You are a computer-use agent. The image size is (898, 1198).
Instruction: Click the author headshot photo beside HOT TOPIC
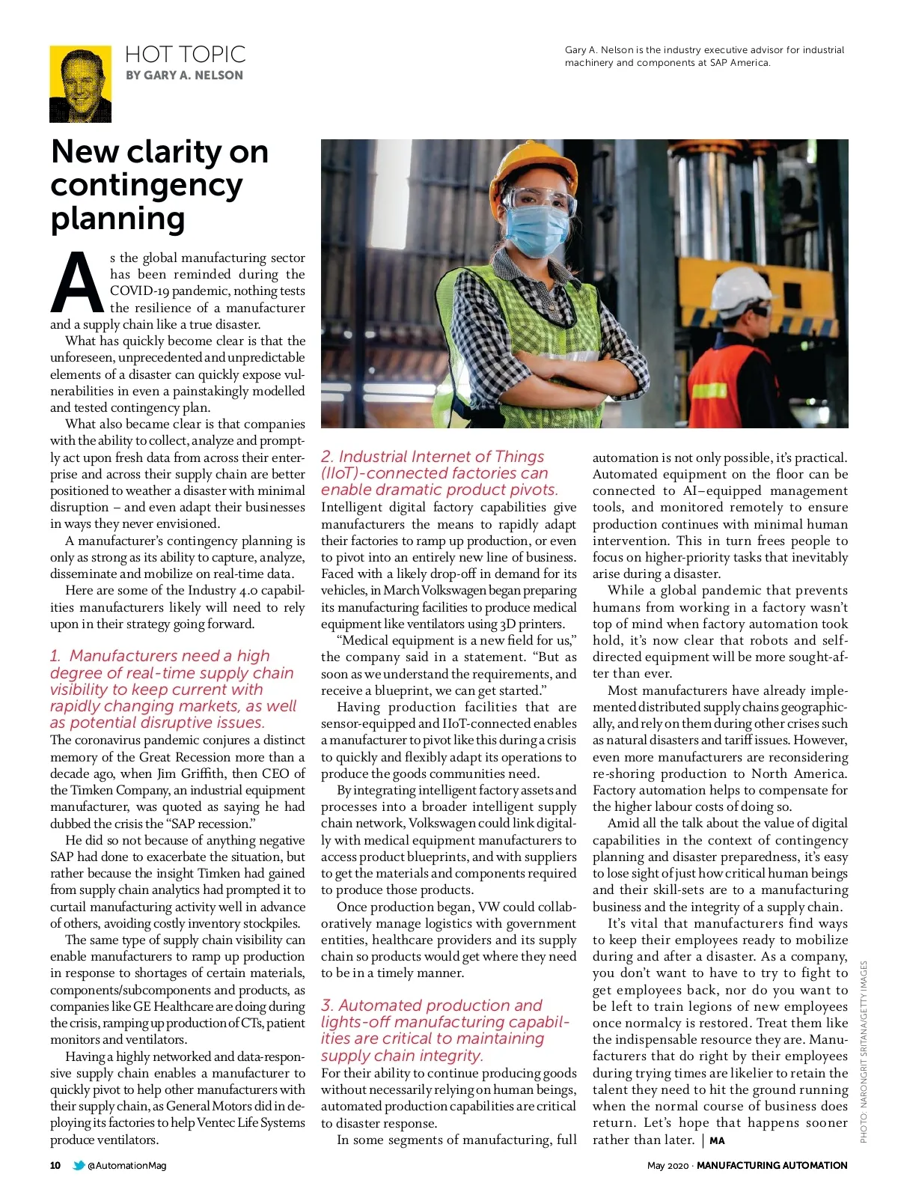80,84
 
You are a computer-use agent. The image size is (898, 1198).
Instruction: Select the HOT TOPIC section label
185,55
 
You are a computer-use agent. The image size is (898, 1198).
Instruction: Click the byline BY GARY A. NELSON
184,76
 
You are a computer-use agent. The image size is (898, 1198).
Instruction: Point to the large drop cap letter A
76,284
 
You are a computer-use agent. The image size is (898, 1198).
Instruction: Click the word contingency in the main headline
147,185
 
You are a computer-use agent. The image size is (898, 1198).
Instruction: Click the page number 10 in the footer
55,1165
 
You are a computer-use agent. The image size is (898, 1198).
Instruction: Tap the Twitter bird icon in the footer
78,1165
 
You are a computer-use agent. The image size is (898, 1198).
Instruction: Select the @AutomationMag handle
126,1165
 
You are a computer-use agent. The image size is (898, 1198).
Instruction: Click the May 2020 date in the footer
667,1165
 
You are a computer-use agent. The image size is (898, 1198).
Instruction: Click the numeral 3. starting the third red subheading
327,1006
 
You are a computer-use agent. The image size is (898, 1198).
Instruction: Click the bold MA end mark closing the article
717,1140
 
